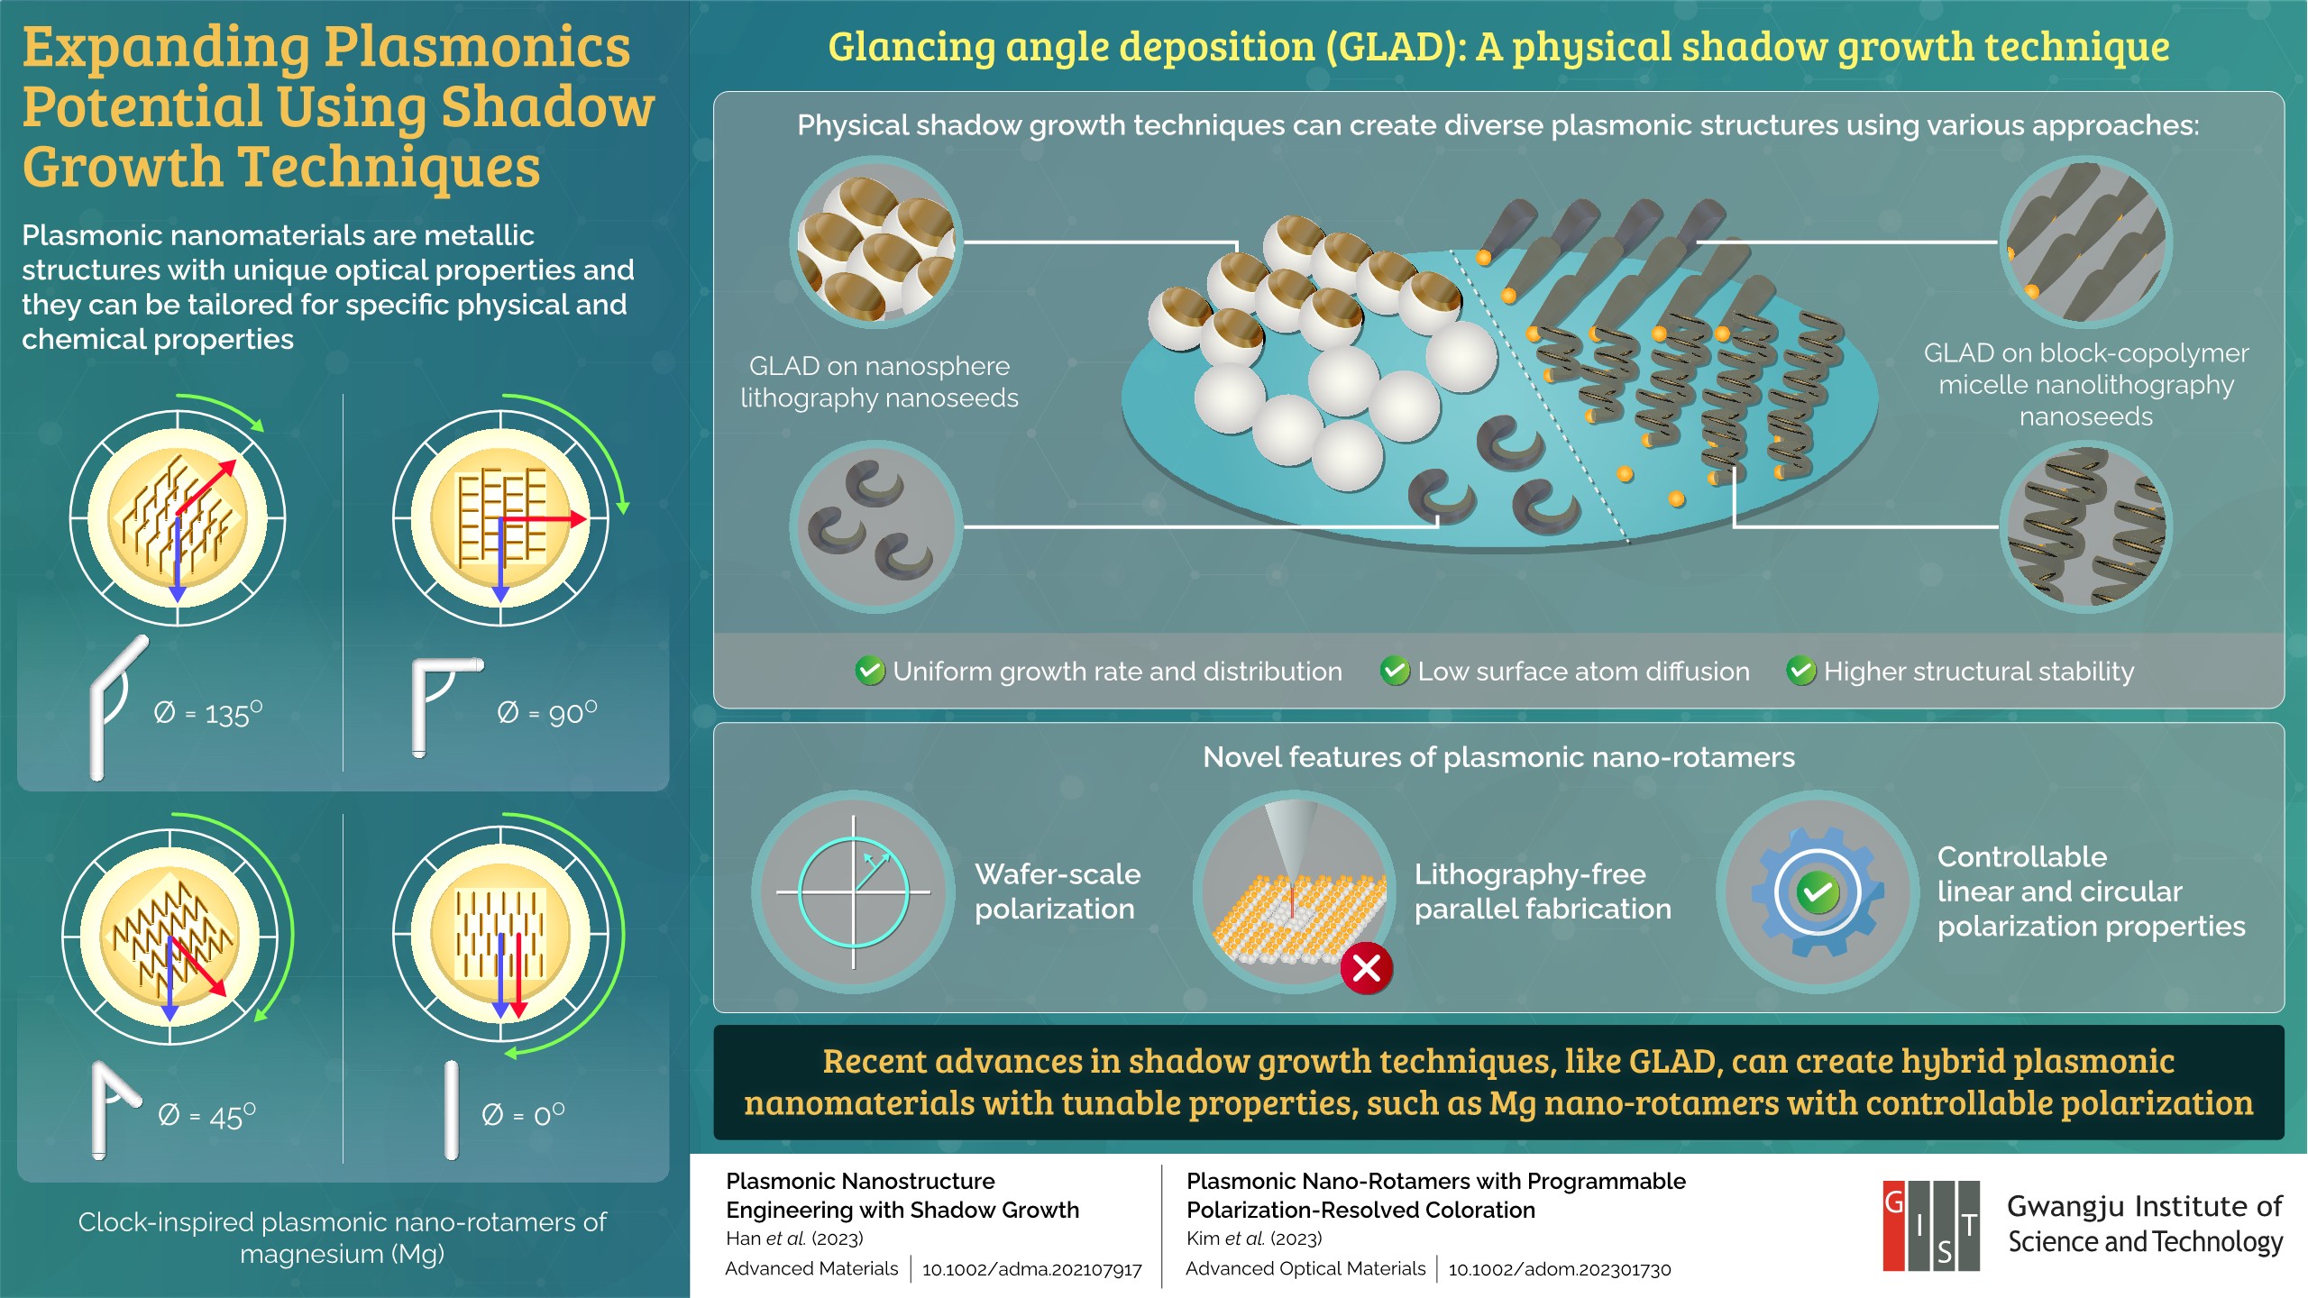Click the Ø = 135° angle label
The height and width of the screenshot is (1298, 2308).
point(208,713)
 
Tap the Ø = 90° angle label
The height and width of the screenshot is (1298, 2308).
point(547,713)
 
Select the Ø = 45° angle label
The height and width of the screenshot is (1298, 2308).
point(207,1116)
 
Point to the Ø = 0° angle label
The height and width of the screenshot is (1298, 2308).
point(523,1116)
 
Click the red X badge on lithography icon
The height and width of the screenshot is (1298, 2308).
point(1367,969)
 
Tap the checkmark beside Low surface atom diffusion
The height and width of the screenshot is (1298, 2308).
point(1395,671)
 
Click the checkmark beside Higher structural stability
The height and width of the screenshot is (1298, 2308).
point(1801,671)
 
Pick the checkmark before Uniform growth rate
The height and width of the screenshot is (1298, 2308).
point(870,671)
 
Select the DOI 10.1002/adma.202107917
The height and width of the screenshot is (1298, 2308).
point(1031,1269)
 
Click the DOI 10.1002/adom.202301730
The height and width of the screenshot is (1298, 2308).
point(1559,1269)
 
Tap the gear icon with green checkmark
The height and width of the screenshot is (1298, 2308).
point(1818,892)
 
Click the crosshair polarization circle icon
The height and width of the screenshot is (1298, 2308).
point(853,892)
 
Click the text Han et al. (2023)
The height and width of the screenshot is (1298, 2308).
point(794,1239)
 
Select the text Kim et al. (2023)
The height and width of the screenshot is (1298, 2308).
point(1254,1239)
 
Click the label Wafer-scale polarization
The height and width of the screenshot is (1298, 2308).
point(1057,891)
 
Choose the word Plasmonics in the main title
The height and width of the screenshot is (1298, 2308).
point(477,47)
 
